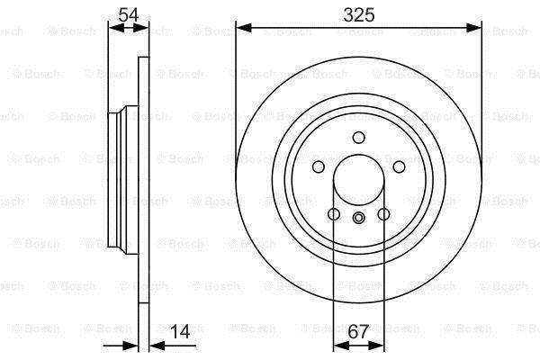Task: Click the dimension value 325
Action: (x=358, y=14)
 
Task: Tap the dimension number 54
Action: (x=128, y=14)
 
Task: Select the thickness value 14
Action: (x=180, y=332)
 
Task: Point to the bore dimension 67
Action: (x=358, y=332)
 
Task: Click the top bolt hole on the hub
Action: (x=359, y=138)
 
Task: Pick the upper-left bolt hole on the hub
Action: (x=319, y=167)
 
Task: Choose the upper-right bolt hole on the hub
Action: (x=399, y=167)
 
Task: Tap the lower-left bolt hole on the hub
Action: (x=334, y=214)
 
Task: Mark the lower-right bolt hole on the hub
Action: (x=383, y=214)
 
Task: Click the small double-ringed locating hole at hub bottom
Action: (x=359, y=218)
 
